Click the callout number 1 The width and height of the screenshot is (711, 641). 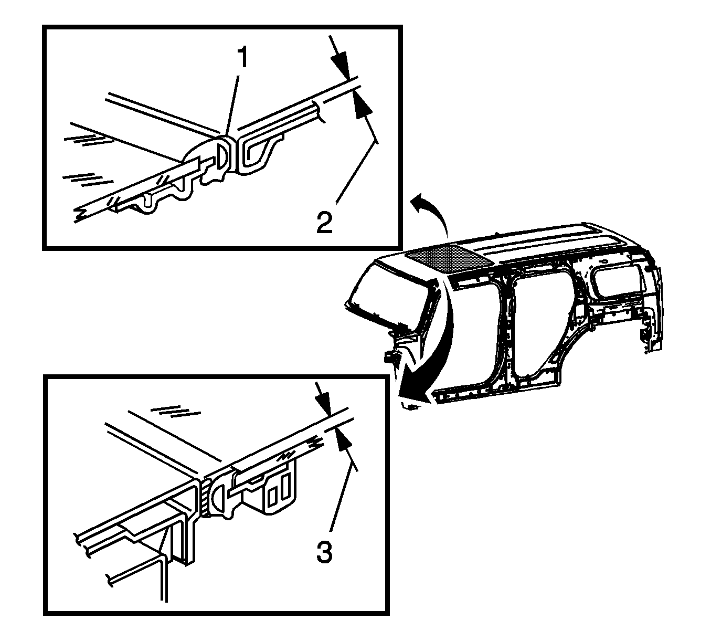click(x=242, y=58)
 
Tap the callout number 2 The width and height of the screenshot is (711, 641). click(x=324, y=223)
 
